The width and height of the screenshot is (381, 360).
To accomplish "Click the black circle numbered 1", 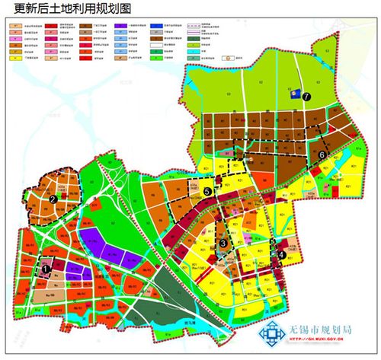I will coord(46,267).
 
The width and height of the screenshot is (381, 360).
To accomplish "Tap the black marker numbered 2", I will coord(53,199).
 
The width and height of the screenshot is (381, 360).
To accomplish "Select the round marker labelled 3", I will coord(223,242).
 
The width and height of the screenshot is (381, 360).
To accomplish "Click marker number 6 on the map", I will coord(322,155).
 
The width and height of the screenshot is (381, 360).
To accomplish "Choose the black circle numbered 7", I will coord(306,97).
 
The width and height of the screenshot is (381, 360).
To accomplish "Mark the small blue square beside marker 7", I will coord(293,96).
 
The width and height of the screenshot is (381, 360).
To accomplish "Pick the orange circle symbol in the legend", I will coord(226,57).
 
